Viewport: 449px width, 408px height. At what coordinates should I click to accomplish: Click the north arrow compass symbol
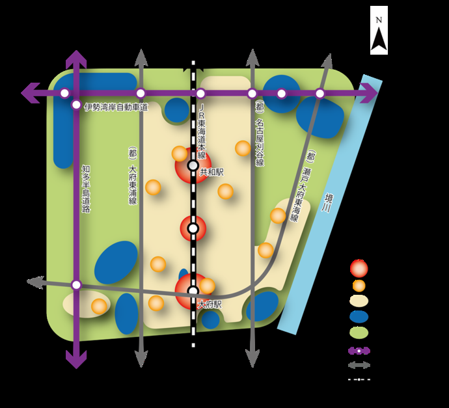point(379,30)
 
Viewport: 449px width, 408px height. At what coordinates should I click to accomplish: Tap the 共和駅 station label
point(211,172)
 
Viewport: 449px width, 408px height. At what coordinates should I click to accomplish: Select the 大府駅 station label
point(210,305)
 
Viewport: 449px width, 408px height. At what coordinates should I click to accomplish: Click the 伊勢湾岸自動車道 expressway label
point(116,107)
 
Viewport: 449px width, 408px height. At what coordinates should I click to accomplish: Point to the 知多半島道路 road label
point(86,189)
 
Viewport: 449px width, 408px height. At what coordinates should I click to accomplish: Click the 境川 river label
point(327,203)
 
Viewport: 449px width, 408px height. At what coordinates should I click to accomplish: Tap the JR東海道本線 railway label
point(202,131)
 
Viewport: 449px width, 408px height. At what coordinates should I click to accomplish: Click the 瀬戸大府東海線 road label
point(303,186)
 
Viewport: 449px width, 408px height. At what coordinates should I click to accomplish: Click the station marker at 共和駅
point(193,165)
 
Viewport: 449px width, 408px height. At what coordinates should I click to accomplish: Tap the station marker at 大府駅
point(193,291)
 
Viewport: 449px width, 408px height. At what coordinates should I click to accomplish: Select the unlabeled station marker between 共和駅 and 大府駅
point(193,228)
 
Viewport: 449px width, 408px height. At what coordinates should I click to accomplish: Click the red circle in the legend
point(359,269)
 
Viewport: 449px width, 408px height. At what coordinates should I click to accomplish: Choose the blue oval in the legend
point(359,317)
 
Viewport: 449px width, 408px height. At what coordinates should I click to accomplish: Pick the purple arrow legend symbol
point(359,351)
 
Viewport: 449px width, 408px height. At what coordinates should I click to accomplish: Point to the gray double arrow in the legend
point(359,365)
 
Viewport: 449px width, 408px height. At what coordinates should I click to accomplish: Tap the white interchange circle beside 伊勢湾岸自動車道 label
point(76,105)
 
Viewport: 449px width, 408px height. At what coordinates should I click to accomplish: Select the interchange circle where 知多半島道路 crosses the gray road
point(76,285)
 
